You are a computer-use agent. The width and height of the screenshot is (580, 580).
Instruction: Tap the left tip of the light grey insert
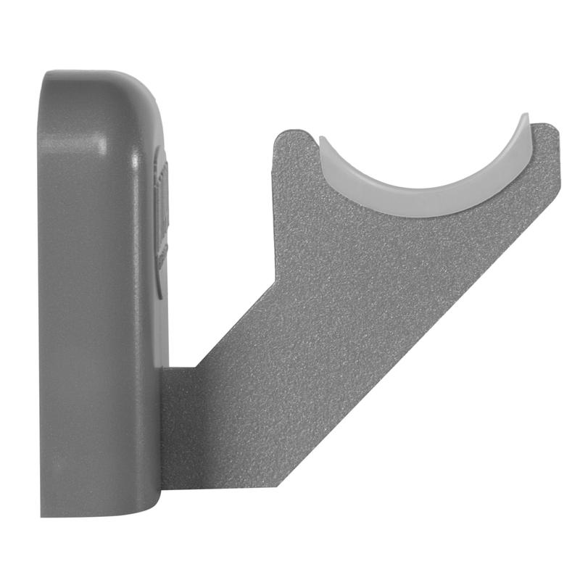coord(323,142)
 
